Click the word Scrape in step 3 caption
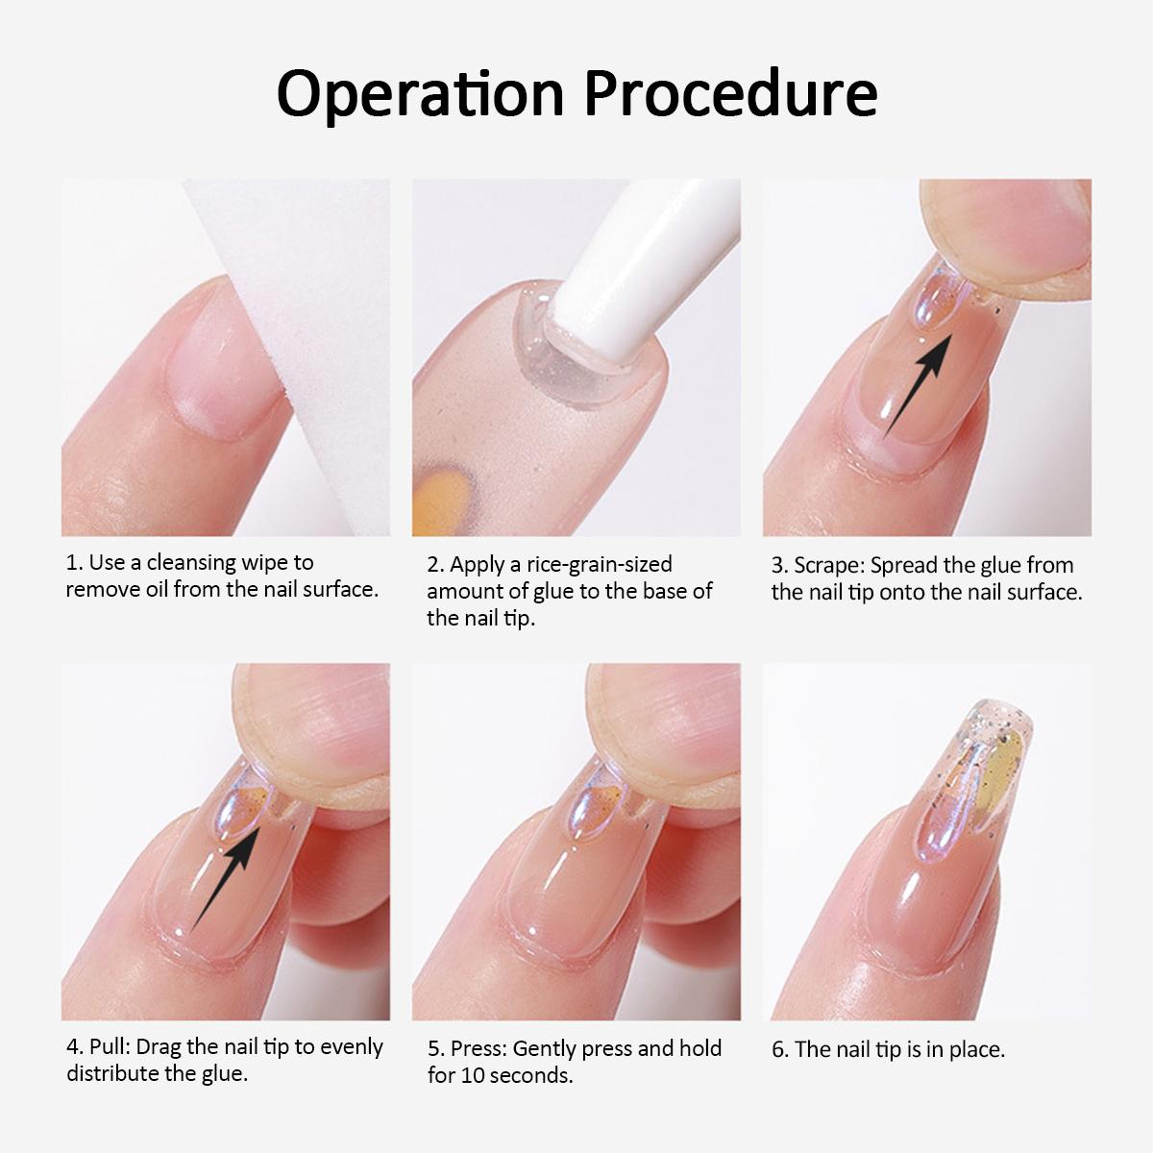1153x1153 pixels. (828, 565)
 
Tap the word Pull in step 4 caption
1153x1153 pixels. (108, 1046)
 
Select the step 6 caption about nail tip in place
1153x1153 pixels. (889, 1049)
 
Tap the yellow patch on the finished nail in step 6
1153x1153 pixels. (999, 778)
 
